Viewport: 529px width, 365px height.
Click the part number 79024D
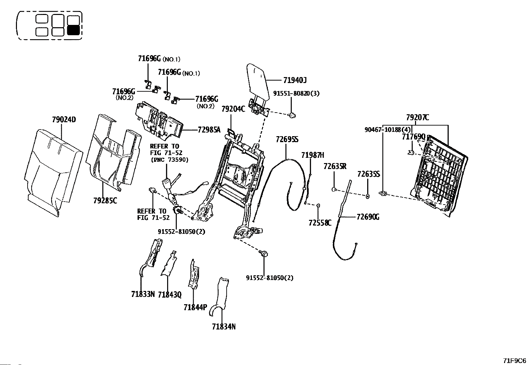64,120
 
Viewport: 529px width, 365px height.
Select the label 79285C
105,201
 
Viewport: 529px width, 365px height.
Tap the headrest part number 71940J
295,80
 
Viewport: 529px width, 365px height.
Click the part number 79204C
233,109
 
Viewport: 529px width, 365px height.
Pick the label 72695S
287,139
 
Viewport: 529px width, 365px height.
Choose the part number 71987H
312,155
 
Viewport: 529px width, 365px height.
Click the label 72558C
320,223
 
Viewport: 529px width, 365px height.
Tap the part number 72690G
368,217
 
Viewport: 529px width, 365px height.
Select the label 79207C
417,118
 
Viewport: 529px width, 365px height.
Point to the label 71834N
224,327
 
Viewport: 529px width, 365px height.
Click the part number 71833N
143,294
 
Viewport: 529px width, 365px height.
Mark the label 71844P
195,308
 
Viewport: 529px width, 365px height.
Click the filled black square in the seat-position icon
73,31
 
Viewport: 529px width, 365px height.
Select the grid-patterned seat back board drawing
440,174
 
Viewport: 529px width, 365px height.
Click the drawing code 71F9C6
514,361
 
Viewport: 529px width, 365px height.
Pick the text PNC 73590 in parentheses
169,160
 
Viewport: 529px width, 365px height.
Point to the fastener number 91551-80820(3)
296,93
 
